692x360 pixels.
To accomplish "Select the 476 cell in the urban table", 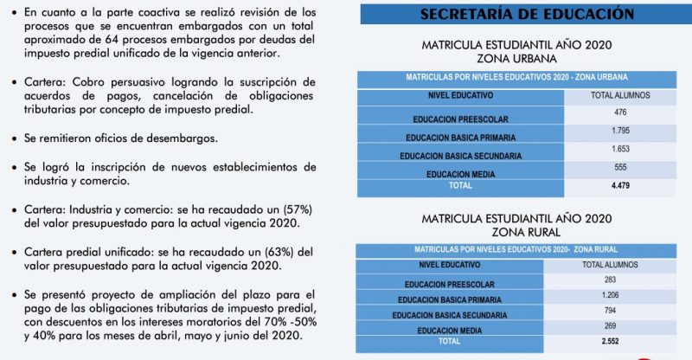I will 619,112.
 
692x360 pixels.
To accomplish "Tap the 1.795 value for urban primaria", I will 619,131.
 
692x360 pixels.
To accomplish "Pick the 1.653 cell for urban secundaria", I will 619,150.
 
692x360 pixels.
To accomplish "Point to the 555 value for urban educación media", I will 619,168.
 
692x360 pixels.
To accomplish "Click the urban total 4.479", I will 619,184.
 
